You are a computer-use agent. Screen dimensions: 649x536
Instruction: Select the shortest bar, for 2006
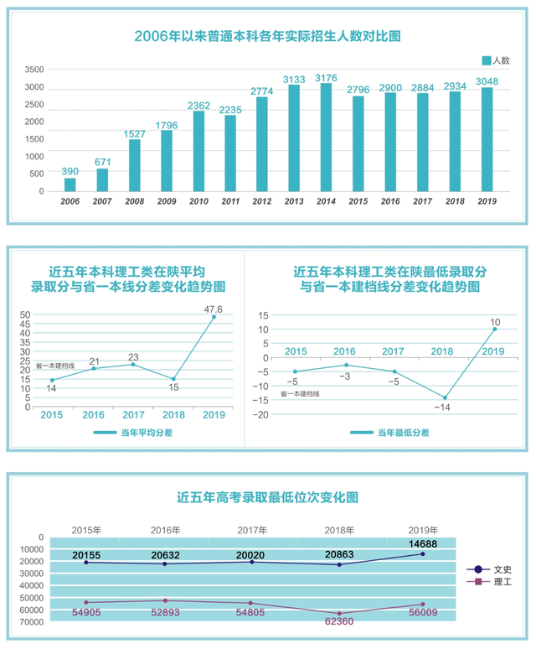[70, 184]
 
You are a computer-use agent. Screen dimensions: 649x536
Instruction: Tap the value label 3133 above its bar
[294, 79]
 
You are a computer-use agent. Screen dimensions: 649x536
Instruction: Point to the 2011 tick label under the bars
[230, 202]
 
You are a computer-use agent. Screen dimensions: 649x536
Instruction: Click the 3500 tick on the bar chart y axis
[34, 70]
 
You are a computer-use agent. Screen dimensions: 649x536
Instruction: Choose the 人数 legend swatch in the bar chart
[487, 60]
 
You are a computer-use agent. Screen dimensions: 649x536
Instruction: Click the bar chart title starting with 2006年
[267, 37]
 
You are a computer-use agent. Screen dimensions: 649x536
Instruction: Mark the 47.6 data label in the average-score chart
[215, 309]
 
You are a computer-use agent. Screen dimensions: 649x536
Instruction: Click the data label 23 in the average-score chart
[133, 357]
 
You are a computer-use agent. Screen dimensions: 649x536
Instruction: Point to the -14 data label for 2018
[443, 407]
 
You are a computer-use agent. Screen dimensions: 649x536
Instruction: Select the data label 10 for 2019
[495, 322]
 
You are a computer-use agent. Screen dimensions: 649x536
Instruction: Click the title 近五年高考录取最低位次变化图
[267, 496]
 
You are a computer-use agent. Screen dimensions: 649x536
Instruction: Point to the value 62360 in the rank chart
[339, 621]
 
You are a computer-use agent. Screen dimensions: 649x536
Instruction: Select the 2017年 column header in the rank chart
[252, 530]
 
